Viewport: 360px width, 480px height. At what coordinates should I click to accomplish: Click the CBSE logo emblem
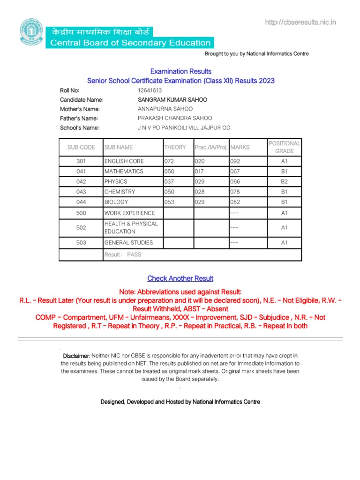tap(31, 31)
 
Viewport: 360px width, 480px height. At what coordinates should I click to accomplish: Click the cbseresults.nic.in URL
tap(300, 22)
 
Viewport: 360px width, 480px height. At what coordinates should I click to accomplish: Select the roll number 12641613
tap(150, 90)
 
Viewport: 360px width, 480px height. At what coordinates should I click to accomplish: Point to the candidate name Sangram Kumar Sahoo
tap(172, 100)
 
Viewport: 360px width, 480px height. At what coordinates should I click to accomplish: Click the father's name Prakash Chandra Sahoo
tap(175, 118)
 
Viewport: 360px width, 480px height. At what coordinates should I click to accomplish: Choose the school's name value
tap(184, 127)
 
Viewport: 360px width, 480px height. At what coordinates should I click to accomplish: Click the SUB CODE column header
tap(81, 147)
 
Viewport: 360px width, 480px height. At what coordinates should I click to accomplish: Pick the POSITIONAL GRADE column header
tap(284, 147)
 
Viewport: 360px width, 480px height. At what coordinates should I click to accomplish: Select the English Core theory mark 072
tap(169, 161)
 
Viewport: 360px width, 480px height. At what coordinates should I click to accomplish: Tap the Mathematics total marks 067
tap(235, 172)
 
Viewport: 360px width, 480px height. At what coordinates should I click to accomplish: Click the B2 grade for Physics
tap(284, 181)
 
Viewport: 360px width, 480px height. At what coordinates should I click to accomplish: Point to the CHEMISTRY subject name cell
tap(120, 192)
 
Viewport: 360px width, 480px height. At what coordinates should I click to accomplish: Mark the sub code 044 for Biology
tap(81, 202)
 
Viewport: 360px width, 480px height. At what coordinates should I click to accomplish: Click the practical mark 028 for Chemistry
tap(200, 192)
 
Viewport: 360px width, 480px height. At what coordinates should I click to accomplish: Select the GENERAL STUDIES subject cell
tap(128, 243)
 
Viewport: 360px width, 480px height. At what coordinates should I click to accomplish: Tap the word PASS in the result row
tap(134, 255)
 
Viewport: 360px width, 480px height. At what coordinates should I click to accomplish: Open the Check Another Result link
tap(180, 278)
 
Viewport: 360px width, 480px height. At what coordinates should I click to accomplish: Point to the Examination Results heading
tap(181, 71)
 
